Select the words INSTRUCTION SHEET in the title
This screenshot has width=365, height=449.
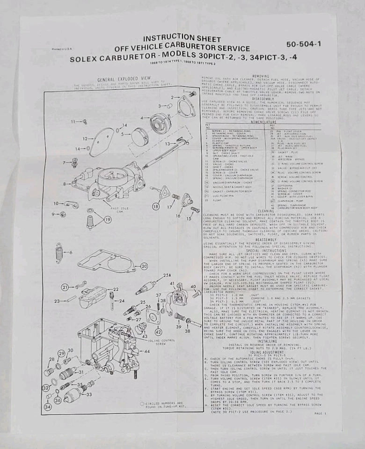click(x=182, y=39)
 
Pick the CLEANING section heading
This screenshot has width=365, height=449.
click(x=266, y=211)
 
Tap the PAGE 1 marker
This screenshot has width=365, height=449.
click(x=321, y=413)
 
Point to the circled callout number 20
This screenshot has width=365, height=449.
click(x=144, y=266)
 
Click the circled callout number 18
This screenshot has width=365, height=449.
click(x=156, y=206)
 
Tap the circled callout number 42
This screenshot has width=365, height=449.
click(x=159, y=332)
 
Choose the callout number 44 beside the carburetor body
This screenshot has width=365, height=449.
click(x=147, y=351)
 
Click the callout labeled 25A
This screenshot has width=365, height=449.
click(x=167, y=276)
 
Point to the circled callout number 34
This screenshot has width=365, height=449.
click(x=48, y=406)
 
